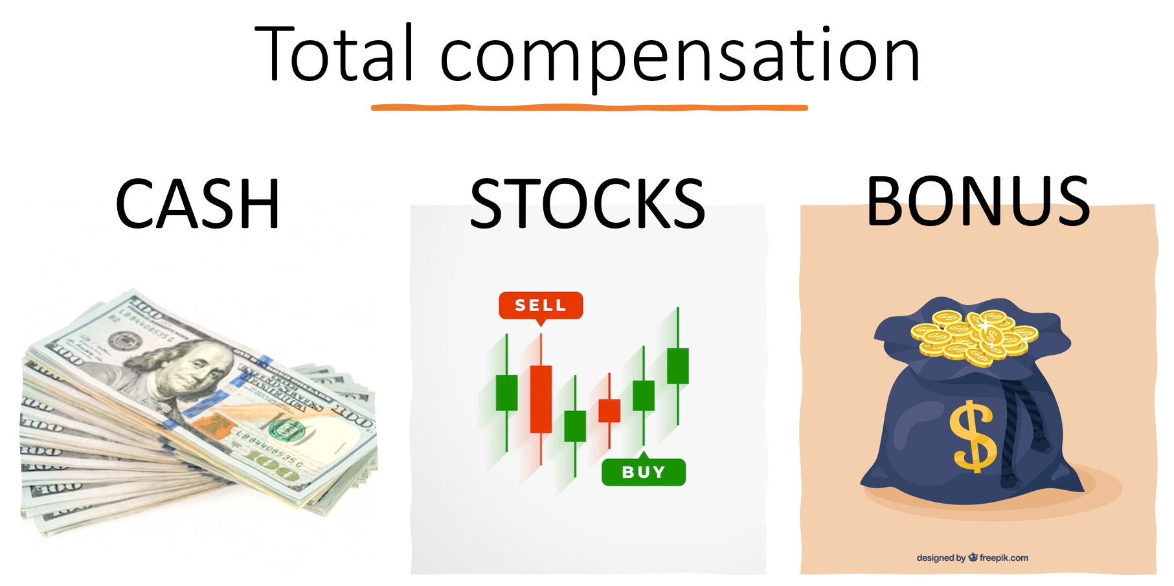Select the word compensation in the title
pyautogui.click(x=679, y=58)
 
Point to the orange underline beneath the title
pyautogui.click(x=589, y=107)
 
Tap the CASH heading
pyautogui.click(x=198, y=205)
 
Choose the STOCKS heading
pyautogui.click(x=587, y=205)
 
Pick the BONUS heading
pyautogui.click(x=978, y=202)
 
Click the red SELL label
pyautogui.click(x=541, y=305)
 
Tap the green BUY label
pyautogui.click(x=643, y=472)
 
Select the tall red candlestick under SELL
pyautogui.click(x=541, y=398)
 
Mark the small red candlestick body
pyautogui.click(x=609, y=411)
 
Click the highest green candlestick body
pyautogui.click(x=678, y=366)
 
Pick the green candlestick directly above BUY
pyautogui.click(x=643, y=395)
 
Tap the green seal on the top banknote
pyautogui.click(x=286, y=429)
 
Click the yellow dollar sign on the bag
pyautogui.click(x=973, y=436)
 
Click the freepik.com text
pyautogui.click(x=1003, y=558)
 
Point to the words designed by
pyautogui.click(x=940, y=558)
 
